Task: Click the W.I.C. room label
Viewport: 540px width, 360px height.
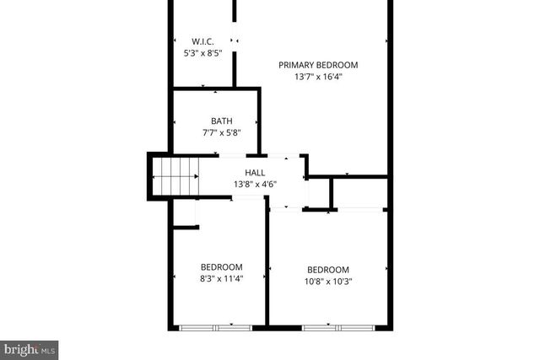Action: pyautogui.click(x=202, y=41)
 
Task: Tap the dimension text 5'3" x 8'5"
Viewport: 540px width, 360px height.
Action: pyautogui.click(x=202, y=52)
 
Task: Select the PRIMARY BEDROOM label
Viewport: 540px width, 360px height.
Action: pyautogui.click(x=319, y=65)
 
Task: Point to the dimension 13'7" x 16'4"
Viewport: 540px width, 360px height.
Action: pyautogui.click(x=319, y=76)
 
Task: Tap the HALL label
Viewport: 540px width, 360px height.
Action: pyautogui.click(x=255, y=173)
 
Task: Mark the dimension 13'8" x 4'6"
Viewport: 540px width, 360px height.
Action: pyautogui.click(x=255, y=184)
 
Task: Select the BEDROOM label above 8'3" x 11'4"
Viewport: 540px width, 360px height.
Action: pyautogui.click(x=221, y=267)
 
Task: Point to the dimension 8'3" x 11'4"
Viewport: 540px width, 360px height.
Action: pyautogui.click(x=221, y=279)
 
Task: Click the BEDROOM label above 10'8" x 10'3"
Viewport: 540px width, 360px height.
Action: pyautogui.click(x=328, y=271)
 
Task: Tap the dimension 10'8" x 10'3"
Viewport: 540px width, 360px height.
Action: pyautogui.click(x=328, y=282)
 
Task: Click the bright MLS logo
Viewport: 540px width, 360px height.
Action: pyautogui.click(x=29, y=347)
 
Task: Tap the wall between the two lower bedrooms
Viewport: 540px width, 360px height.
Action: pyautogui.click(x=267, y=270)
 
